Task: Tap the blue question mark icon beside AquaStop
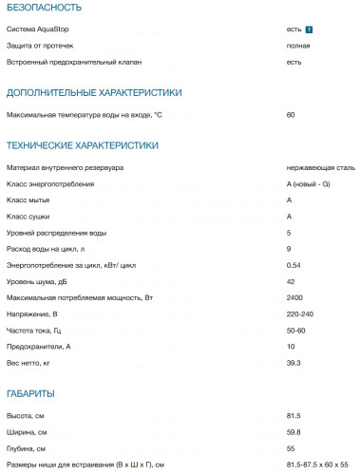[x=310, y=30]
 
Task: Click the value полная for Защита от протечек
[x=296, y=46]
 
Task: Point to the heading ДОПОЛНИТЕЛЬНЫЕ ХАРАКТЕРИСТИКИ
[x=93, y=92]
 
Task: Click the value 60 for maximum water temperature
[x=290, y=115]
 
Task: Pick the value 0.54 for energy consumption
[x=294, y=265]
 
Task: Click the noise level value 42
[x=290, y=281]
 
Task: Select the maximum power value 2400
[x=294, y=297]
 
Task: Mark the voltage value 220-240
[x=299, y=313]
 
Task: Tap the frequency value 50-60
[x=295, y=330]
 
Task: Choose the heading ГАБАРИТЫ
[x=30, y=393]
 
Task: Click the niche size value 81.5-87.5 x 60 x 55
[x=317, y=464]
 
